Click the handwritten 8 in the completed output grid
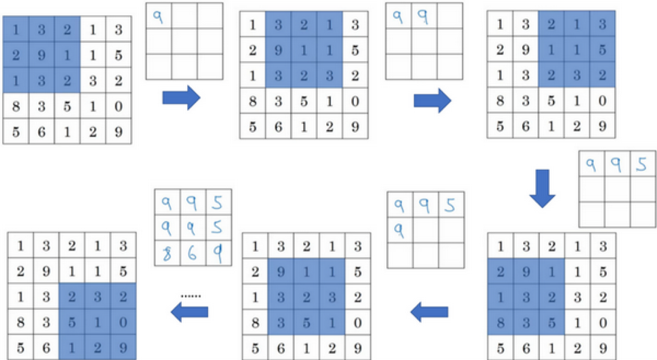(x=167, y=253)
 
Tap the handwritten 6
(x=192, y=253)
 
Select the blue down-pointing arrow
(x=542, y=188)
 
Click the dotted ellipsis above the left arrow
(x=191, y=296)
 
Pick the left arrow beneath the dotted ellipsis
(x=190, y=312)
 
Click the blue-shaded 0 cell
(x=123, y=322)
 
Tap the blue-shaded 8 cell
(x=500, y=322)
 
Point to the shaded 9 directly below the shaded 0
(x=123, y=348)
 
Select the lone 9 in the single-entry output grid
(x=158, y=17)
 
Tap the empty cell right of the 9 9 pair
(x=450, y=16)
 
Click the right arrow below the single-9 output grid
(x=181, y=98)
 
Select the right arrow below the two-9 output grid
(x=432, y=100)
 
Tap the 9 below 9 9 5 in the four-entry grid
(x=399, y=230)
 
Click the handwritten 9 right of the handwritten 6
(x=218, y=253)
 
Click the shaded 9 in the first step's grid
(x=41, y=55)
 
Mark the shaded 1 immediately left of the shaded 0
(x=98, y=322)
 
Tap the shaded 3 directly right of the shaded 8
(x=526, y=322)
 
